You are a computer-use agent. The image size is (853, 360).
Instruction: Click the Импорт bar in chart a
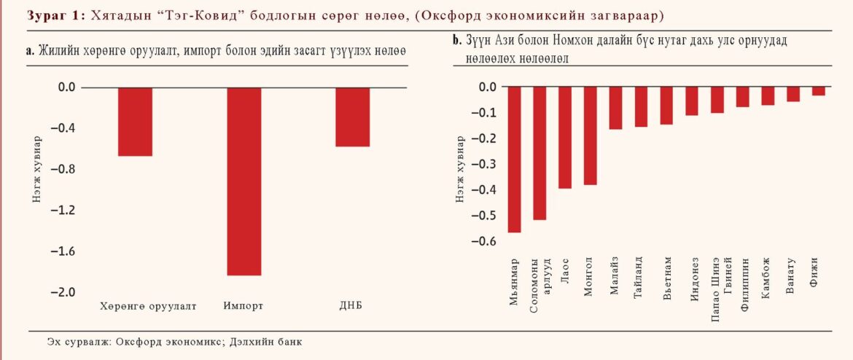[244, 181]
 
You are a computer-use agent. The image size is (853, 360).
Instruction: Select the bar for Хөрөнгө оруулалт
[135, 122]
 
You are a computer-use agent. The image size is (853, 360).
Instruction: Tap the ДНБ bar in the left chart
[353, 117]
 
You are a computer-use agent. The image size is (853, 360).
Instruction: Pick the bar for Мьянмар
[515, 160]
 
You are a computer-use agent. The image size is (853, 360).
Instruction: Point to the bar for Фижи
[819, 92]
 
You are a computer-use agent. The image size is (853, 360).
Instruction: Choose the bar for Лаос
[565, 138]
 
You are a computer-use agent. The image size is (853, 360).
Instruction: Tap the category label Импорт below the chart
[244, 305]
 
